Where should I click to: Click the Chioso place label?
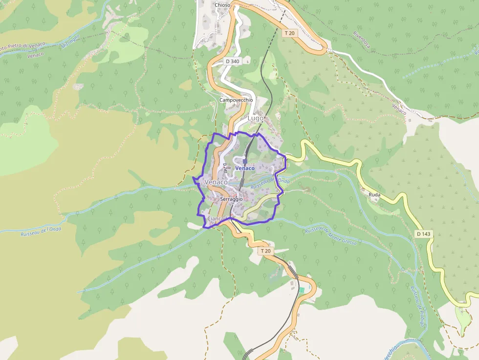222,5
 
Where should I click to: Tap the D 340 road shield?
232,62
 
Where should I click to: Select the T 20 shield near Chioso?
289,33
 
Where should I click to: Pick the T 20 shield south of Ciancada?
265,251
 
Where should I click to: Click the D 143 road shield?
423,234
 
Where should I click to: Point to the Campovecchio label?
236,100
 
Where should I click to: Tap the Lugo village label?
256,118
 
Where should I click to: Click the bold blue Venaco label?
245,169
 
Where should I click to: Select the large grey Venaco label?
217,182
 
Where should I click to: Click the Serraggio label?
232,199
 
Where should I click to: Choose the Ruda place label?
374,194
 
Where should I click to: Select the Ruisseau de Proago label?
416,307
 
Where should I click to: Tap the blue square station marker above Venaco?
245,161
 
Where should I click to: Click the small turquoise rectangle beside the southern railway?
302,290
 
